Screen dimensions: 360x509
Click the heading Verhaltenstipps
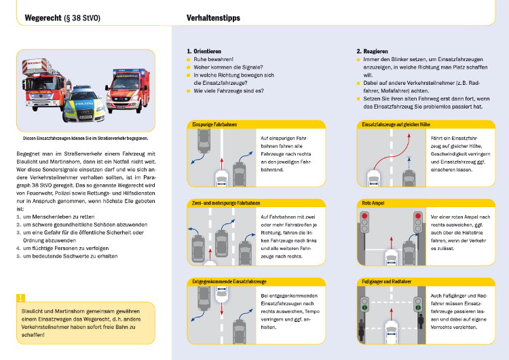212,17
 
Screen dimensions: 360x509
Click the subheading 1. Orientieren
206,51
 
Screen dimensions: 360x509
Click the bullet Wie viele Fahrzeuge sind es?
227,90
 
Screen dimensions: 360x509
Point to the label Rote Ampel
376,203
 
